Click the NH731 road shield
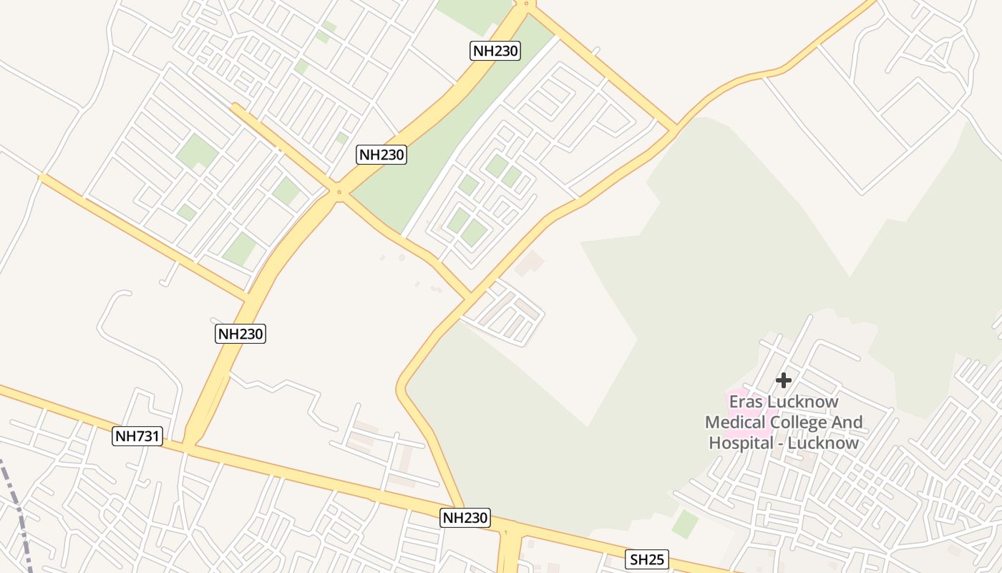137,436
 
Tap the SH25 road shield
647,559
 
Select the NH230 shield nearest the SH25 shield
465,518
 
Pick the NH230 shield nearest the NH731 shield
240,333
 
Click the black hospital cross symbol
784,380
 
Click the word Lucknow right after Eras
802,402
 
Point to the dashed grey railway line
18,516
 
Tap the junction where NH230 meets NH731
189,446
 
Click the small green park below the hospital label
685,524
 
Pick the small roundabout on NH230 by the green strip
339,192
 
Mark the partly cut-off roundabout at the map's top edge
526,4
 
